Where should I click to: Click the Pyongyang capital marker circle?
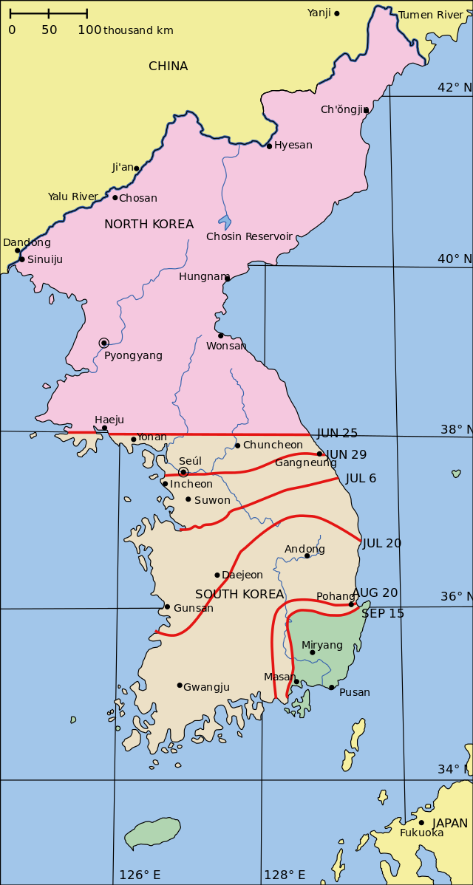tap(104, 343)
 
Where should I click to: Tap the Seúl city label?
tap(190, 461)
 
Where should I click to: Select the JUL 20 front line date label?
tap(382, 543)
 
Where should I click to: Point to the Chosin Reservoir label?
tap(249, 236)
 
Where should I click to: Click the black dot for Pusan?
tap(332, 687)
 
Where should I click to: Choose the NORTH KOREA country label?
tap(149, 224)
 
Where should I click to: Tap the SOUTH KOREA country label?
tap(239, 594)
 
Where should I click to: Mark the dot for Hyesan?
tap(269, 146)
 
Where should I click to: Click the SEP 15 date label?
tap(383, 613)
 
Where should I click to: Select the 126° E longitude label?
tap(140, 875)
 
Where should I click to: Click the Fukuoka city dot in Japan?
tap(421, 822)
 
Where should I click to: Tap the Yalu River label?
tap(73, 197)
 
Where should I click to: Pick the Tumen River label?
tap(431, 15)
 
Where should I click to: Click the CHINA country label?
tap(169, 66)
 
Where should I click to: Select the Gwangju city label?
tap(206, 687)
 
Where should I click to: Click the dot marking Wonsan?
tap(220, 335)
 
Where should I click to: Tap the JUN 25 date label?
tap(337, 434)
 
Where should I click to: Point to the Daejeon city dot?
tap(217, 575)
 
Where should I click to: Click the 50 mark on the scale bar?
tap(49, 30)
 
